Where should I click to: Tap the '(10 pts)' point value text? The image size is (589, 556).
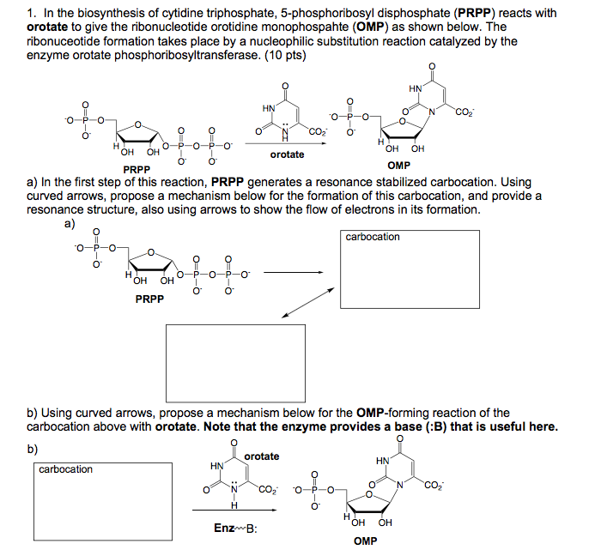coord(282,56)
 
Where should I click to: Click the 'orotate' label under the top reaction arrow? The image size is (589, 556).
coord(287,154)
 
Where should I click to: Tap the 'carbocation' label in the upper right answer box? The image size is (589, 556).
coord(373,237)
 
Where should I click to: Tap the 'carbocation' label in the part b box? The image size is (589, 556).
coord(65,469)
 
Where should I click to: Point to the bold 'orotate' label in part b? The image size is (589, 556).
coord(262,456)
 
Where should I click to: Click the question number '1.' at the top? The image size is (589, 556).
coord(33,14)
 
